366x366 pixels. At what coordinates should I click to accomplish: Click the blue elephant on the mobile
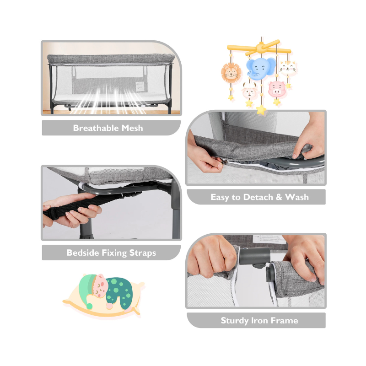click(261, 69)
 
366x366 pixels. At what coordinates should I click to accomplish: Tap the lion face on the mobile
click(231, 72)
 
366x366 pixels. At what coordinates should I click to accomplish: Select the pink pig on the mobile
click(277, 89)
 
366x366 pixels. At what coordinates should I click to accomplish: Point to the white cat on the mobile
click(288, 68)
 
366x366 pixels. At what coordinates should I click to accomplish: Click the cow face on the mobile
click(249, 90)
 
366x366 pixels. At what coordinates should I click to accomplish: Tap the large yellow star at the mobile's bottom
click(261, 110)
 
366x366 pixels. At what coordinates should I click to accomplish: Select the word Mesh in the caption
click(132, 128)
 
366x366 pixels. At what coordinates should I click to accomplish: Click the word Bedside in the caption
click(83, 253)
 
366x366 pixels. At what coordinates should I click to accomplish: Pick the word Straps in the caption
click(143, 253)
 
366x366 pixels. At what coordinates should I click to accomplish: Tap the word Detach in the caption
click(258, 197)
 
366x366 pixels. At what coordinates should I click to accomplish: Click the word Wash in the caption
click(297, 197)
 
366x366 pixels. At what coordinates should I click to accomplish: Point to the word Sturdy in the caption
click(235, 321)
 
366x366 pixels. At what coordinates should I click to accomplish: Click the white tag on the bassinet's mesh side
click(140, 86)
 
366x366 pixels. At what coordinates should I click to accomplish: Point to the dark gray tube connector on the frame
click(254, 257)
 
